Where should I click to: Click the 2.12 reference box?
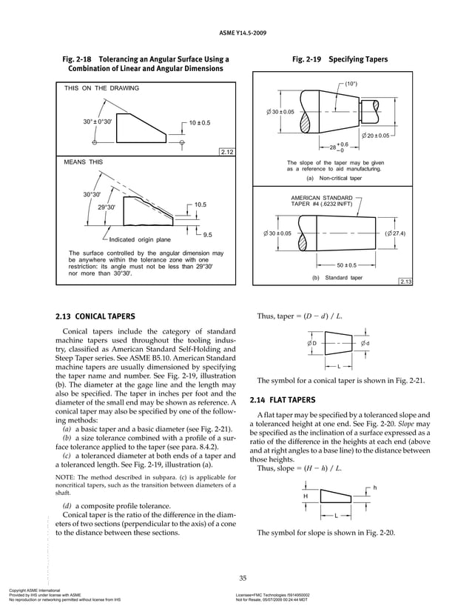227,152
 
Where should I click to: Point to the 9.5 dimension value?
208,235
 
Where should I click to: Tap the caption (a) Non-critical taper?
336,178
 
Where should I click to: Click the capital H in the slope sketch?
306,496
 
